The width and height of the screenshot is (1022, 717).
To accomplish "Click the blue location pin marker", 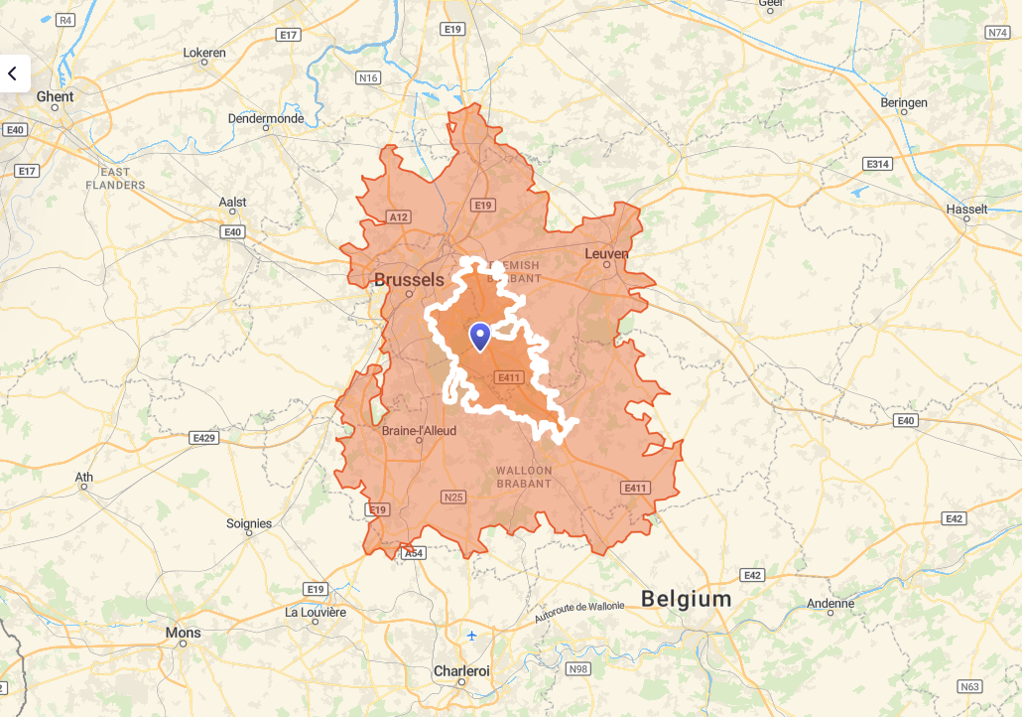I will [x=480, y=337].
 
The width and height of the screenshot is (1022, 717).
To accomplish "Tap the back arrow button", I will [x=13, y=73].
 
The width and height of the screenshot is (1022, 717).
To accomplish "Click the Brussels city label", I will [x=409, y=280].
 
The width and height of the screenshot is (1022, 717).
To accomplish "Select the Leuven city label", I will [x=606, y=253].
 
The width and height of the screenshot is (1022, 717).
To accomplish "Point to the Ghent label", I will [x=55, y=96].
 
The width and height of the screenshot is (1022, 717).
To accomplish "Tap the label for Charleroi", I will [x=461, y=671].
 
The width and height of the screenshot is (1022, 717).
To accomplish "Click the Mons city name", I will [x=183, y=633].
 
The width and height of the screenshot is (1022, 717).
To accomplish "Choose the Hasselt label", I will [x=966, y=209].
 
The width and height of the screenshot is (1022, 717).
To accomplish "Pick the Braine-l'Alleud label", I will [x=419, y=431].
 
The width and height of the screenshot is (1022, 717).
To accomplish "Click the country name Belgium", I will [x=686, y=599].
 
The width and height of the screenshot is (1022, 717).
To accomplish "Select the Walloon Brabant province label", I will [x=524, y=477].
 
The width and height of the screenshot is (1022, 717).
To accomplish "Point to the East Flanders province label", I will [x=115, y=179].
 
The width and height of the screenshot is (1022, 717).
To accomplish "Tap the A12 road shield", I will [x=399, y=216].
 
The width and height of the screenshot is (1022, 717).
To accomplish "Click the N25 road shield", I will [x=454, y=497].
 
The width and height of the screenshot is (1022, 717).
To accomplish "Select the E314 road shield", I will [x=877, y=163].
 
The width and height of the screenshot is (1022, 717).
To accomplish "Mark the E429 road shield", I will [x=204, y=437].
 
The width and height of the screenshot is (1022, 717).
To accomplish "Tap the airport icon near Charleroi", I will [x=471, y=636].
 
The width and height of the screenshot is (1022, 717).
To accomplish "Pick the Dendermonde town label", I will [x=265, y=118].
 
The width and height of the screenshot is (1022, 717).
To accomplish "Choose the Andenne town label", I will [x=830, y=603].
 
